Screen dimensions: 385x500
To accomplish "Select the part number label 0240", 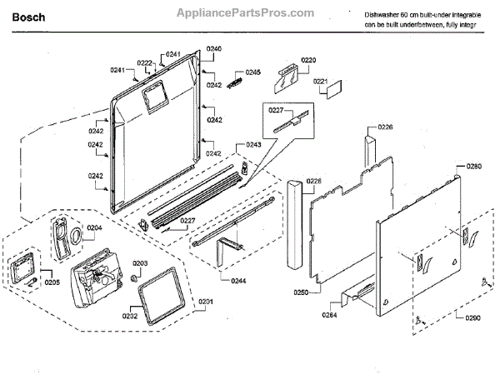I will pyautogui.click(x=214, y=50).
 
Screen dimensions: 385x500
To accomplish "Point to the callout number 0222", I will pyautogui.click(x=144, y=63).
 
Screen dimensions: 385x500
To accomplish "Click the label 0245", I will pyautogui.click(x=252, y=72).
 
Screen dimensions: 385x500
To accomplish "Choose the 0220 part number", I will pyautogui.click(x=308, y=61).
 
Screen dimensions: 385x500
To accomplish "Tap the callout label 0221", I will pyautogui.click(x=320, y=81).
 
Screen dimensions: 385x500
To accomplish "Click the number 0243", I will pyautogui.click(x=252, y=145).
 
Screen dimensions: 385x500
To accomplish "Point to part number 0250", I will pyautogui.click(x=300, y=292).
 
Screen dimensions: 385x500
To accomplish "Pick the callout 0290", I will pyautogui.click(x=472, y=317).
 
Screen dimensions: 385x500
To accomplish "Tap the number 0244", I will pyautogui.click(x=215, y=281).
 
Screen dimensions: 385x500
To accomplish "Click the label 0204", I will pyautogui.click(x=94, y=227).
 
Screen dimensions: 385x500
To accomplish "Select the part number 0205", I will pyautogui.click(x=52, y=282).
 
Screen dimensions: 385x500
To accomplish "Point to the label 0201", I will pyautogui.click(x=205, y=301).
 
